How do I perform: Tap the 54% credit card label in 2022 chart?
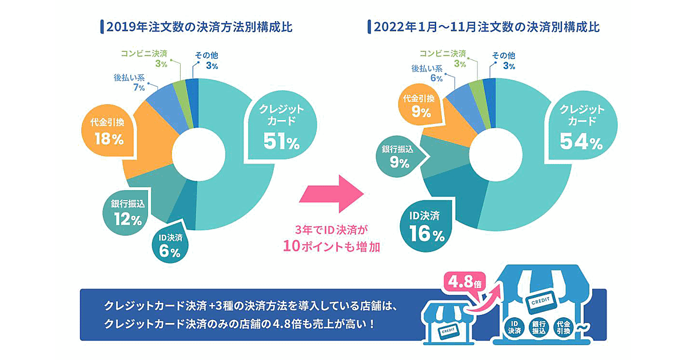(x=578, y=127)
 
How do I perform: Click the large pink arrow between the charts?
(x=331, y=193)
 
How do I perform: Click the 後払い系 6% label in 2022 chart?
(x=428, y=73)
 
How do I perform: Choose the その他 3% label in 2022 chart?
(x=504, y=61)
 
